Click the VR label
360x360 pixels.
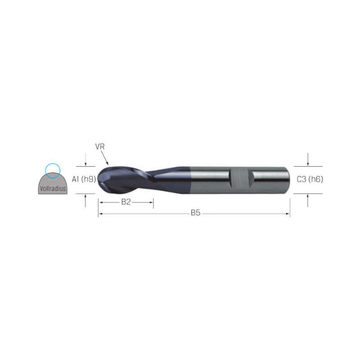[99, 147]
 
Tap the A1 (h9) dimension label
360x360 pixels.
[84, 179]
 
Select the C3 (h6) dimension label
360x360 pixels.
[310, 179]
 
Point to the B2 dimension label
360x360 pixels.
[126, 202]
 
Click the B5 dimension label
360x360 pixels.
[196, 213]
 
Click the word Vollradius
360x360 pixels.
[53, 189]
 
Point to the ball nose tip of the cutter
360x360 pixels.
[98, 179]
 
